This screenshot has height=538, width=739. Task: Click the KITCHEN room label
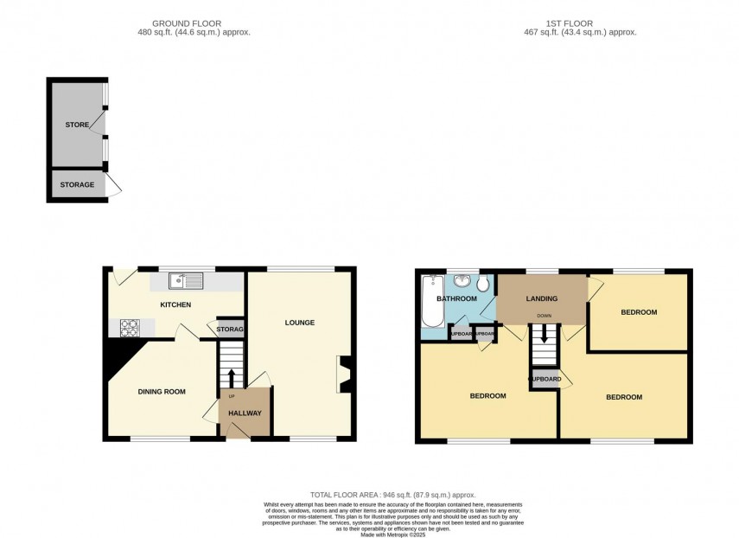[x=175, y=304]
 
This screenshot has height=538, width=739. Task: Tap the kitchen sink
[x=186, y=279]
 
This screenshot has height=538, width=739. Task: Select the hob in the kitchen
[x=130, y=328]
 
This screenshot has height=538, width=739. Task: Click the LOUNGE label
[x=300, y=323]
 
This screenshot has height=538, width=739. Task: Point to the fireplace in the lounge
[x=345, y=375]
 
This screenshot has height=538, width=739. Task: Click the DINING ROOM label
[x=162, y=392]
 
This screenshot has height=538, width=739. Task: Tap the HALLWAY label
[x=245, y=413]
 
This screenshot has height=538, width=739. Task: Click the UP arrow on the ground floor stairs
[x=231, y=377]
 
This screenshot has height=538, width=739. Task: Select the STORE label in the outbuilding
[x=77, y=125]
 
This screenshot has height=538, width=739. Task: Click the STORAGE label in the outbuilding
[x=77, y=185]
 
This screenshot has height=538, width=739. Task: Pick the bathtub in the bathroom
[x=430, y=305]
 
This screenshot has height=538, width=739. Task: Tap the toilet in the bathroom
[x=482, y=285]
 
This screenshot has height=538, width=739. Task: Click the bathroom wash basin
[x=462, y=280]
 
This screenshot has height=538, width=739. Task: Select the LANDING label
[x=542, y=299]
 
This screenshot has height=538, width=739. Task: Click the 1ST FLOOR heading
[x=569, y=23]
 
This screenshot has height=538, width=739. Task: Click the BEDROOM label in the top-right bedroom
[x=639, y=312]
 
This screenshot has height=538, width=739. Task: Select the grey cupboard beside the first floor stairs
[x=545, y=379]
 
